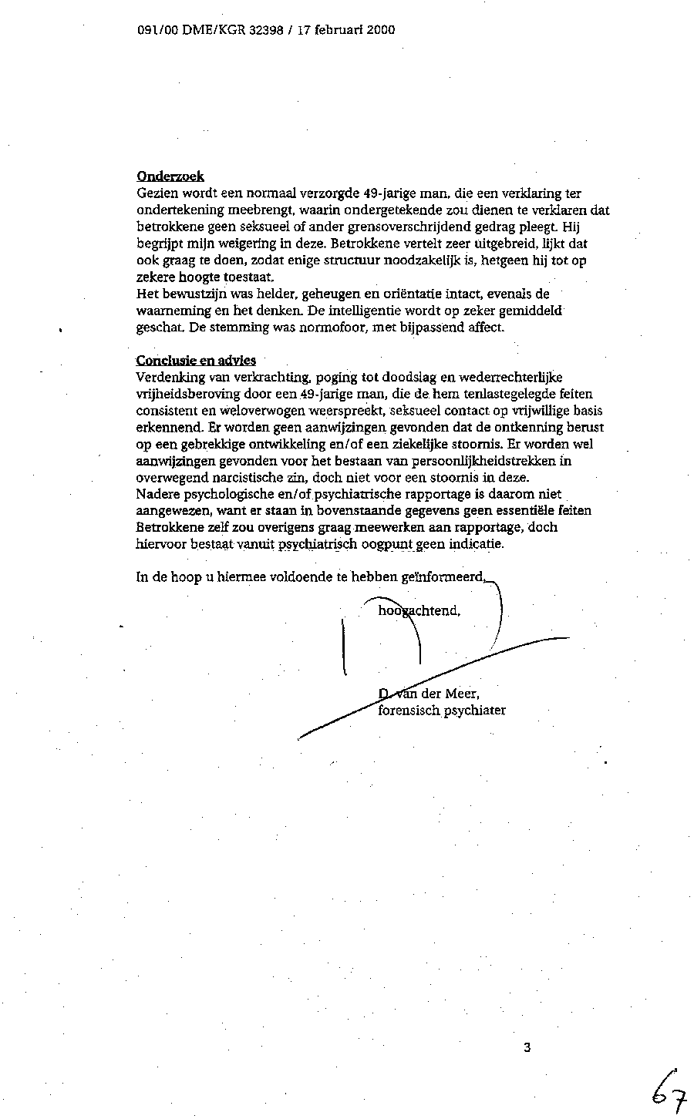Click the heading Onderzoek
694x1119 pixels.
170,176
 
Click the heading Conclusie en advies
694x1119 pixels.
196,360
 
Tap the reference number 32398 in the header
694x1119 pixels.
266,30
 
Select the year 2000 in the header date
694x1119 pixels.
379,30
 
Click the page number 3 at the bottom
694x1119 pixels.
527,1047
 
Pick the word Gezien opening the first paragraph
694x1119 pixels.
155,193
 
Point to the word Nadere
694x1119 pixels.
157,494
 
